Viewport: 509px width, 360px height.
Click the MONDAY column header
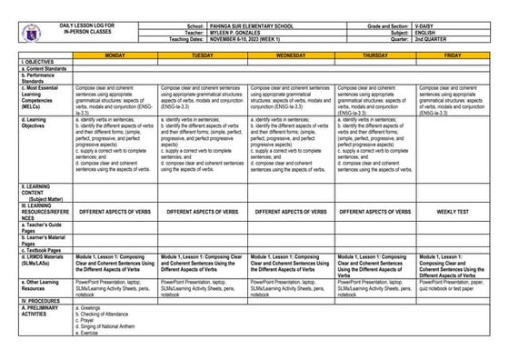115,55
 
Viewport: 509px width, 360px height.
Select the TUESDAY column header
202,55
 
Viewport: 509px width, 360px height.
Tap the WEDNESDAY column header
290,55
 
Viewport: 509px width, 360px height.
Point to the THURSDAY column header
375,55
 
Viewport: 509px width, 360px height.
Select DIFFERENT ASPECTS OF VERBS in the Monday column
115,211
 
